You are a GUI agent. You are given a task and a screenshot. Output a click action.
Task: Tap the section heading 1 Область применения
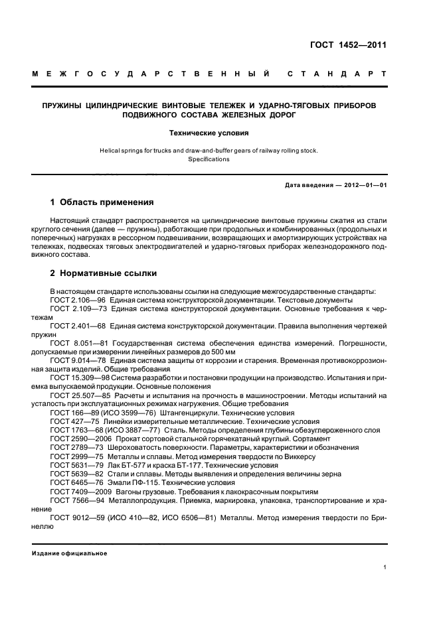(x=102, y=202)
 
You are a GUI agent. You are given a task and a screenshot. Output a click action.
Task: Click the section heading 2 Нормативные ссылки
(x=103, y=273)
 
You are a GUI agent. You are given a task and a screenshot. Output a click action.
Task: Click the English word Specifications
(x=209, y=159)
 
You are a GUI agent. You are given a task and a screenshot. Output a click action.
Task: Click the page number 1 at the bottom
(x=385, y=567)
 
